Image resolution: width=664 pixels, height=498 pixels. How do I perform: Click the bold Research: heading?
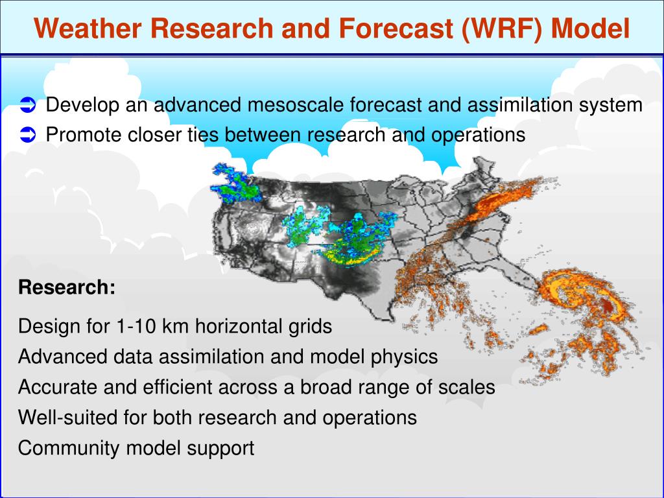(x=67, y=287)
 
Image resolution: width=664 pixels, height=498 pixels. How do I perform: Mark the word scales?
(x=468, y=387)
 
